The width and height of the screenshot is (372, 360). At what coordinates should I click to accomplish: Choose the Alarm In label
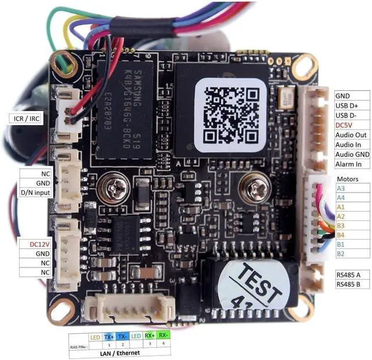coord(349,164)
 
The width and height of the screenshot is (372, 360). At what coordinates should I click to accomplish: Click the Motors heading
coord(348,179)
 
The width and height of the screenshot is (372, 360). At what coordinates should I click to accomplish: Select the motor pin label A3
coord(341,188)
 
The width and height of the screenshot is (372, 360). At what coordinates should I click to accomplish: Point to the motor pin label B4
coord(341,235)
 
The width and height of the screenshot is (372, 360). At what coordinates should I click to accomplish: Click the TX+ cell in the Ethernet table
coord(109,337)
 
